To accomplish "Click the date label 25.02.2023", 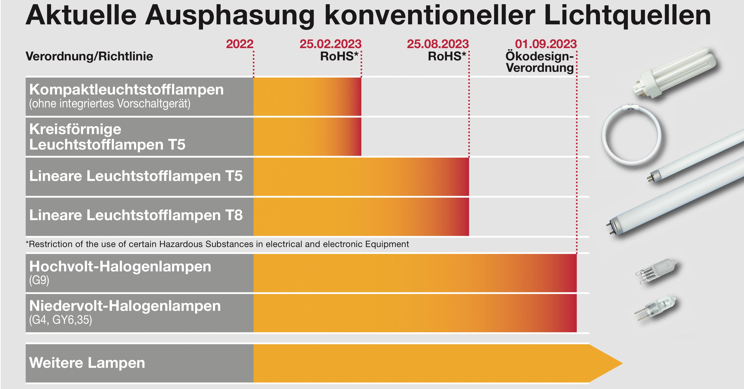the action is pyautogui.click(x=330, y=44).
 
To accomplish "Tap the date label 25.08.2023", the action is pyautogui.click(x=438, y=44).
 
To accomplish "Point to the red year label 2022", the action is pyautogui.click(x=240, y=44).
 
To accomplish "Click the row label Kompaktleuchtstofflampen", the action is pyautogui.click(x=126, y=89).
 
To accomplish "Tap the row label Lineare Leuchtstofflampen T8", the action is pyautogui.click(x=136, y=215).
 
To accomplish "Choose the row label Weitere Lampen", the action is pyautogui.click(x=87, y=363).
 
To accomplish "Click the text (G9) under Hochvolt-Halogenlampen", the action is pyautogui.click(x=39, y=280).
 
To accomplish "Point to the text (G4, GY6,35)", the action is pyautogui.click(x=61, y=320).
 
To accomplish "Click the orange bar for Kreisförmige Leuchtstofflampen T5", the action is pyautogui.click(x=307, y=136).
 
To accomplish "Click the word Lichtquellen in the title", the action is pyautogui.click(x=627, y=16).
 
